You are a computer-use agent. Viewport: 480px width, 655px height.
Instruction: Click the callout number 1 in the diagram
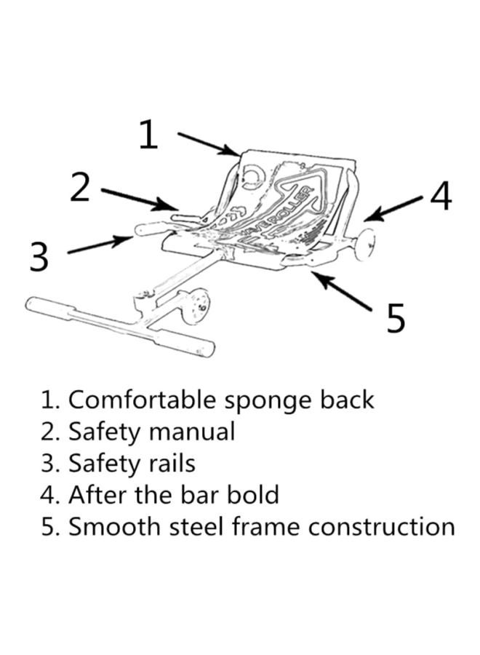[x=148, y=135]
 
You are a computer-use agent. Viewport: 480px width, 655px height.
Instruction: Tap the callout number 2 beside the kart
[x=80, y=187]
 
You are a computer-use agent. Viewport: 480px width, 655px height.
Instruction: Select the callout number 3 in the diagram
[x=39, y=256]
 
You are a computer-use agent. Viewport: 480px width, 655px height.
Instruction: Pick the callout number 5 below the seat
[x=395, y=318]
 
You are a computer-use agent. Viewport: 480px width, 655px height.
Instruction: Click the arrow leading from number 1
[x=208, y=143]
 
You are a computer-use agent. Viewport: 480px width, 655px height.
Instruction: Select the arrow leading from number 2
[x=139, y=199]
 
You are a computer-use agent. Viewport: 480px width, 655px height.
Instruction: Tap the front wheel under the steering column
[x=195, y=306]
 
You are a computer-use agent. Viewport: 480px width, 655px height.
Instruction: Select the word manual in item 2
[x=192, y=432]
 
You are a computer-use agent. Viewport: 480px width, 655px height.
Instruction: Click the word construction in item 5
[x=382, y=526]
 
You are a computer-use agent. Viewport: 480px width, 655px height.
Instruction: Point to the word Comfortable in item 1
[x=143, y=400]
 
